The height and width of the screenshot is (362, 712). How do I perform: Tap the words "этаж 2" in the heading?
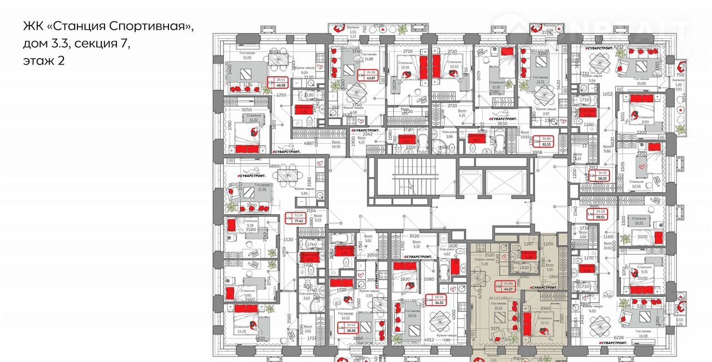coord(44,61)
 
